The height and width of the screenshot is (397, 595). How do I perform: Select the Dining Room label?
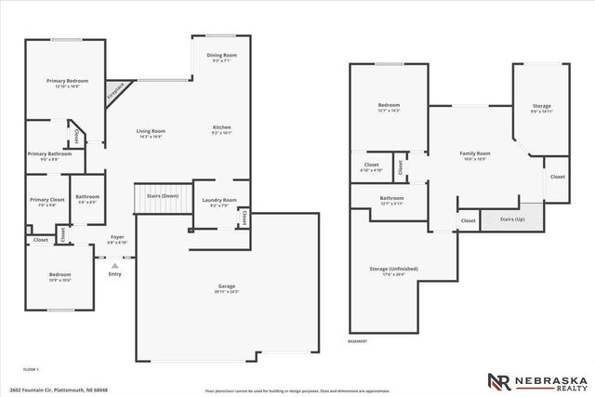click(221, 56)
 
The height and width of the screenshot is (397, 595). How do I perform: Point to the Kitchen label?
click(221, 127)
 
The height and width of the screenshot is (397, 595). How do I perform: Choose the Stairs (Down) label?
click(156, 196)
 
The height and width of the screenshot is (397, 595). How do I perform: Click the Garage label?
click(226, 288)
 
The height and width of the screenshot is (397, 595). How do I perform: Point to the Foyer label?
click(117, 237)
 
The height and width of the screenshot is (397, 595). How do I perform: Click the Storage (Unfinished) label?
click(394, 269)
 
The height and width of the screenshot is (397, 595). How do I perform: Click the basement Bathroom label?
click(391, 198)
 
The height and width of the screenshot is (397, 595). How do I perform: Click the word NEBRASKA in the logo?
click(544, 377)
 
